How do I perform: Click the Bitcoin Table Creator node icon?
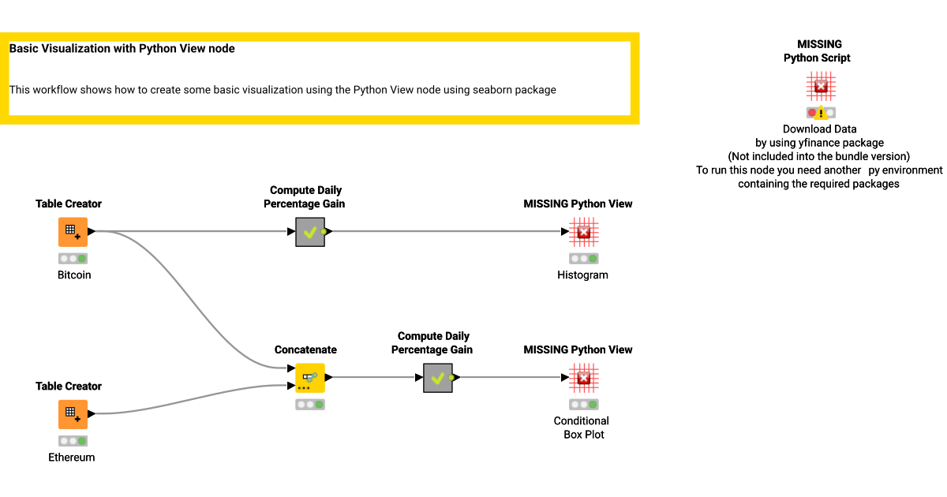click(73, 232)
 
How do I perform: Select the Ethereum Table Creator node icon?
click(73, 414)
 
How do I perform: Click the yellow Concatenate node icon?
click(310, 378)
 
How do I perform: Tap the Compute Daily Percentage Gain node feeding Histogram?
click(310, 232)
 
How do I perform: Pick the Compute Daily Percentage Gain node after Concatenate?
click(437, 378)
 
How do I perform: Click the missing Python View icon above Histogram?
click(584, 232)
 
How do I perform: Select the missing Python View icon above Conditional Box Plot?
click(584, 378)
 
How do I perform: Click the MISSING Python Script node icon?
click(821, 86)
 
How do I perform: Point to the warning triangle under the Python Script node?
click(821, 113)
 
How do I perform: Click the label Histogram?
click(582, 275)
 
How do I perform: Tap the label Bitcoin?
click(74, 275)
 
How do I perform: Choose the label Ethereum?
click(72, 458)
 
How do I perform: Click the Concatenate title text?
click(305, 349)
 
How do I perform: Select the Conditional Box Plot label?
click(582, 428)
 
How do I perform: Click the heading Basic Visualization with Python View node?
click(122, 49)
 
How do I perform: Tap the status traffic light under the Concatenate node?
click(310, 405)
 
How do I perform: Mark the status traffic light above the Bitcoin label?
click(73, 259)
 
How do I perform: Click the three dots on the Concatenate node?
click(304, 388)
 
